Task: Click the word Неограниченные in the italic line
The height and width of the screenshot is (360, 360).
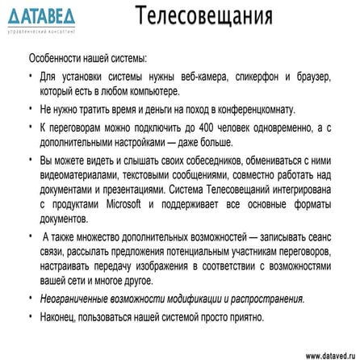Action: click(x=77, y=298)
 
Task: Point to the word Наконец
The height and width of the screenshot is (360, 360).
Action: click(x=58, y=316)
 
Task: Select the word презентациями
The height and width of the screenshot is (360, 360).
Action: click(x=121, y=188)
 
